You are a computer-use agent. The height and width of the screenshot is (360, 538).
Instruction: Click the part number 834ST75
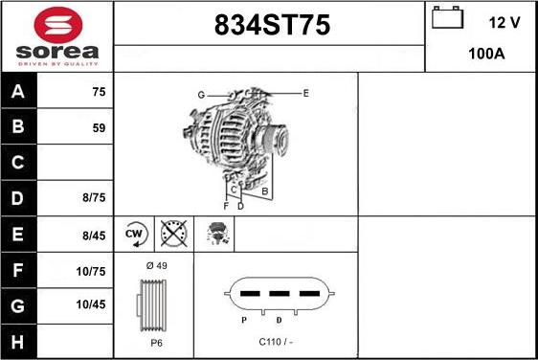[272, 25]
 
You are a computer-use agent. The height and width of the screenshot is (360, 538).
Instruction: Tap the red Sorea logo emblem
[58, 25]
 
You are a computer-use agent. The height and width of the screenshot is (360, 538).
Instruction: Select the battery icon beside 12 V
[447, 17]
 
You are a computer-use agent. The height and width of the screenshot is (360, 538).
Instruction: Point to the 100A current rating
[486, 54]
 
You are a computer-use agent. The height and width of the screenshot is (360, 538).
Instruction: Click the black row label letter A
[18, 91]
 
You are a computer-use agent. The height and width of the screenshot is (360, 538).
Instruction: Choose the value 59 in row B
[99, 128]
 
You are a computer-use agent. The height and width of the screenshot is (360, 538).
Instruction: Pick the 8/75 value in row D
[94, 197]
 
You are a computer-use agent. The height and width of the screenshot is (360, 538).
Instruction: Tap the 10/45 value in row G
[91, 304]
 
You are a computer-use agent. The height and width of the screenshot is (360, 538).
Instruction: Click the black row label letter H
[18, 342]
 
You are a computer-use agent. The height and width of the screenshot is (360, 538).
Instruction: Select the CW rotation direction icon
[136, 234]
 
